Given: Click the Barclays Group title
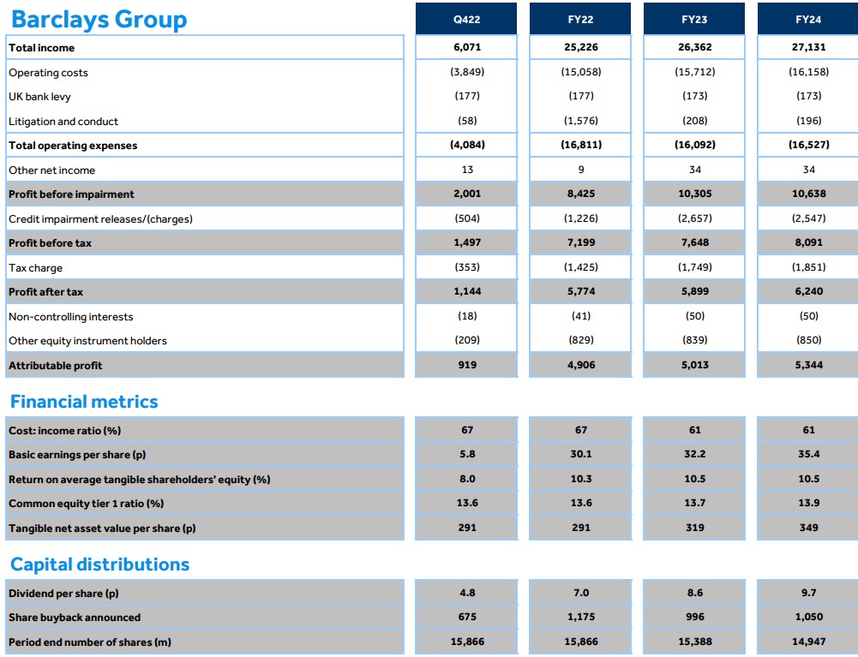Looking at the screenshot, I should (x=98, y=20).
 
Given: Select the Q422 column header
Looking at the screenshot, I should (x=467, y=19).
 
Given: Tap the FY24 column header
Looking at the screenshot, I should (x=808, y=19).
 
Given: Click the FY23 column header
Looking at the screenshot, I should (x=694, y=19).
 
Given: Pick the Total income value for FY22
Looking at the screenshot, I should (x=581, y=48).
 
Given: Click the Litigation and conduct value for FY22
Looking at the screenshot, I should (x=581, y=122).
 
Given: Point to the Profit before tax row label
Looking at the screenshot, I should (x=50, y=243).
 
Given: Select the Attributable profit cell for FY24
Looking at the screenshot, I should (x=808, y=365).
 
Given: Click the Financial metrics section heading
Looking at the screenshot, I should (x=84, y=402).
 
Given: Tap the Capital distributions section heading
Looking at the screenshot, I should (x=99, y=564).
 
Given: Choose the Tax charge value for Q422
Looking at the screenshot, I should (x=467, y=268).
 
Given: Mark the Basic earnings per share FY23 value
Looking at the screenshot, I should (x=694, y=455).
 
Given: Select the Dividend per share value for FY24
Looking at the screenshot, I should (x=808, y=593).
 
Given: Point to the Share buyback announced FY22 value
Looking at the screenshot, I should (x=581, y=617).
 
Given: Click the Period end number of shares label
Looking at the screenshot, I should (x=90, y=642).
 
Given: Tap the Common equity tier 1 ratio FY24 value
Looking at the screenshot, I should (x=808, y=504).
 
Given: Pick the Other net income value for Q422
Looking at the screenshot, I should (x=467, y=170).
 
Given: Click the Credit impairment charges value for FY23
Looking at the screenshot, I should (x=694, y=219).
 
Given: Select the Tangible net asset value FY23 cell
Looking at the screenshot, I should (x=694, y=529).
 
